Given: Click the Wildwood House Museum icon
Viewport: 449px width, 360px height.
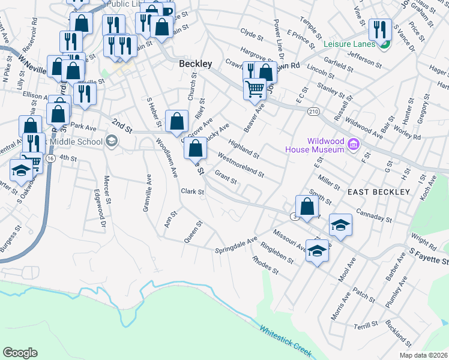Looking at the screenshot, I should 354,144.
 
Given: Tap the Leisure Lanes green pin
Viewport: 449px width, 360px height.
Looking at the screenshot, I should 385,44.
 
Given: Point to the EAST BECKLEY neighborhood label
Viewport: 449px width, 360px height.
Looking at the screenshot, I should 379,191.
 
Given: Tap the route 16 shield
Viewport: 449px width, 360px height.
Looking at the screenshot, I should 50,158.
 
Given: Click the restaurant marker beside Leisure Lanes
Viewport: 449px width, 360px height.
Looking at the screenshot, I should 379,30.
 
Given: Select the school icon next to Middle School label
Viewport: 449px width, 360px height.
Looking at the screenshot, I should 111,142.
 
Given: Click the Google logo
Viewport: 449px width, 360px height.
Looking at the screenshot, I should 20,353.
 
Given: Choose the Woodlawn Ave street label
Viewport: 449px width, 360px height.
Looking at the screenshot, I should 167,158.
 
